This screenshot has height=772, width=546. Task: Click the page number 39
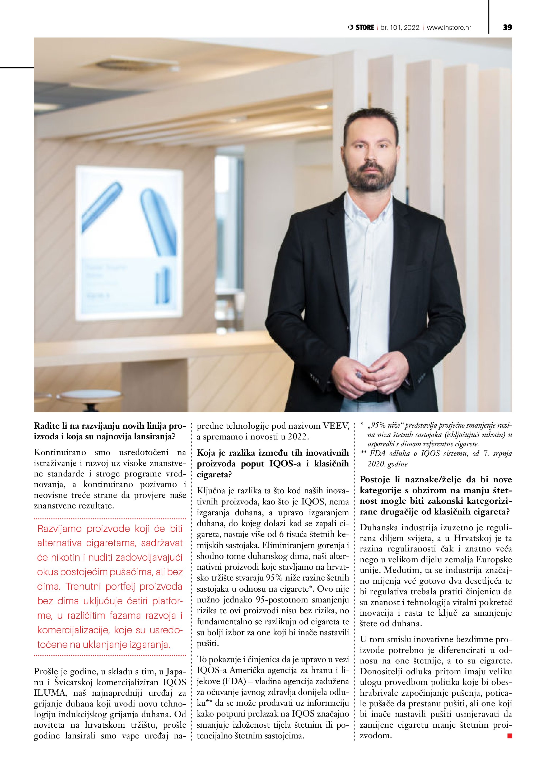click(x=507, y=27)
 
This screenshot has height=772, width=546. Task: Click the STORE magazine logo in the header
click(x=361, y=27)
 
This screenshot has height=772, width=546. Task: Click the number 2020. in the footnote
click(x=377, y=465)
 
